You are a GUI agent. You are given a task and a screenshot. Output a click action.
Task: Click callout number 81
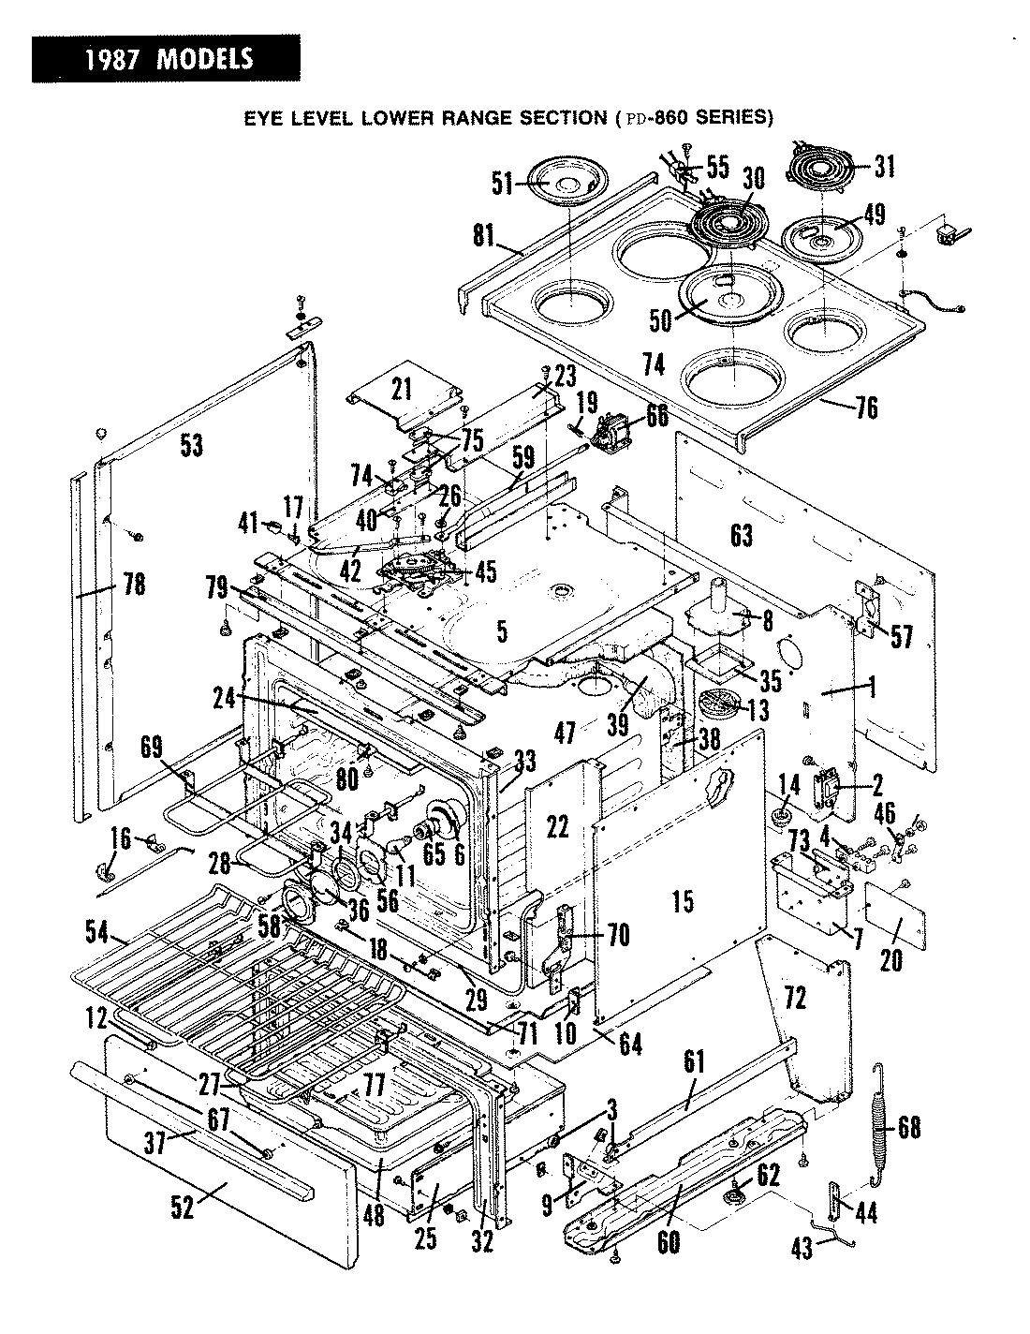483,234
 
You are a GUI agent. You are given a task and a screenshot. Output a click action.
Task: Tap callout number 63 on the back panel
742,535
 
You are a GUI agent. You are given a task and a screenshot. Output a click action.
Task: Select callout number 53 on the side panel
191,446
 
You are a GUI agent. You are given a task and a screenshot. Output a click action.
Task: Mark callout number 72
795,1000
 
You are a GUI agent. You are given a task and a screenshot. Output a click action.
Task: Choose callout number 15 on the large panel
684,902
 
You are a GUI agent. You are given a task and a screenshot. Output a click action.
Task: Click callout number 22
557,826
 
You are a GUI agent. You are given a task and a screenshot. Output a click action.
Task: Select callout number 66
657,415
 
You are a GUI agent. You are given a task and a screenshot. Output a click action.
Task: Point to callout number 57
901,636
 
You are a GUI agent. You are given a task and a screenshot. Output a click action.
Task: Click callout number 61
694,1061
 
